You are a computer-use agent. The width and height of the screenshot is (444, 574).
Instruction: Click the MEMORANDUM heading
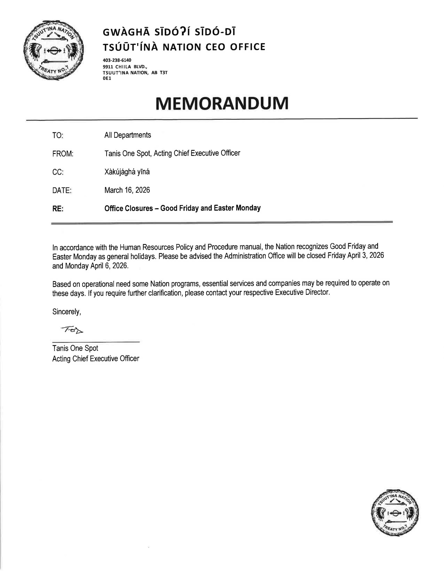pos(222,103)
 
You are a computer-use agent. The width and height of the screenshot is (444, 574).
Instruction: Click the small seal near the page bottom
pos(395,513)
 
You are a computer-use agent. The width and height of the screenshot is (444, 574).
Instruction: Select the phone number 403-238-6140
pos(117,60)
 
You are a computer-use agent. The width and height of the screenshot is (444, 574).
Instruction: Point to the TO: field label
pos(58,136)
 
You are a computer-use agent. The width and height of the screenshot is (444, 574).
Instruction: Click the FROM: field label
pos(63,154)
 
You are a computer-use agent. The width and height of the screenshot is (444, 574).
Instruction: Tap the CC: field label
pos(58,172)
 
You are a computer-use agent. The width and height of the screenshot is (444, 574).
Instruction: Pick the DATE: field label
pos(62,191)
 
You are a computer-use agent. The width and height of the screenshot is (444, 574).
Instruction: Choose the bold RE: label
pos(58,209)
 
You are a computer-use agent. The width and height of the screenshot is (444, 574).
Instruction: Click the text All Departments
pos(128,135)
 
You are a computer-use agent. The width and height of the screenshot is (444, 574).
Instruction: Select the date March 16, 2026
pos(127,190)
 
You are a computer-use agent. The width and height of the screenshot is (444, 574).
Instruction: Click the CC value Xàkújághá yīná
pos(127,172)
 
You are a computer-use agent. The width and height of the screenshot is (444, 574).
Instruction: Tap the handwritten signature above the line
pos(72,330)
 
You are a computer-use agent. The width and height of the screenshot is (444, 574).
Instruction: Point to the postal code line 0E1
pos(107,78)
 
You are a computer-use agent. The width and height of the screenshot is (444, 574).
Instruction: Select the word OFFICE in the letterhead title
pos(247,47)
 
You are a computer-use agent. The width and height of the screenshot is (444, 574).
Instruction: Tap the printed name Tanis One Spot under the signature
pos(75,348)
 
